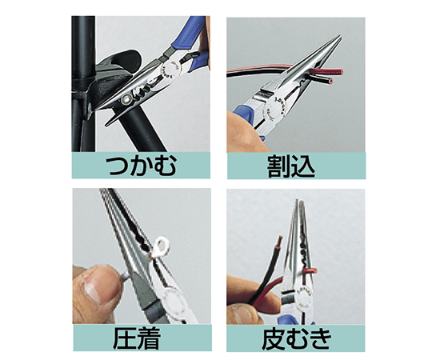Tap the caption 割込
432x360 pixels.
coord(291,166)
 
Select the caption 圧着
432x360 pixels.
coord(137,338)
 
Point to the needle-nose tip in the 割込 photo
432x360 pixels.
coord(340,37)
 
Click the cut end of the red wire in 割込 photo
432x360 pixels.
coord(342,72)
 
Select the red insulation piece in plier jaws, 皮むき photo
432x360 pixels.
coord(309,270)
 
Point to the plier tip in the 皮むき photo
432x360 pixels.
coord(298,202)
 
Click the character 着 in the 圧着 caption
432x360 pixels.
coord(150,338)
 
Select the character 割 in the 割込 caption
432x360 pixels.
coord(278,166)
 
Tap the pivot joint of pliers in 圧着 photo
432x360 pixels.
coord(173,300)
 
